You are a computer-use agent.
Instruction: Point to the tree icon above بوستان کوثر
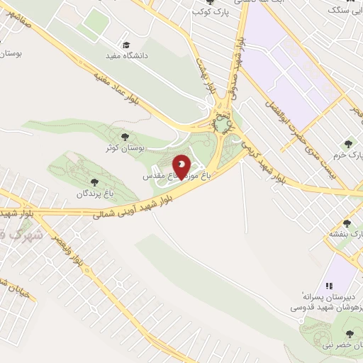125,137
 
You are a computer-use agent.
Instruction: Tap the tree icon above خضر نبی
348,333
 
